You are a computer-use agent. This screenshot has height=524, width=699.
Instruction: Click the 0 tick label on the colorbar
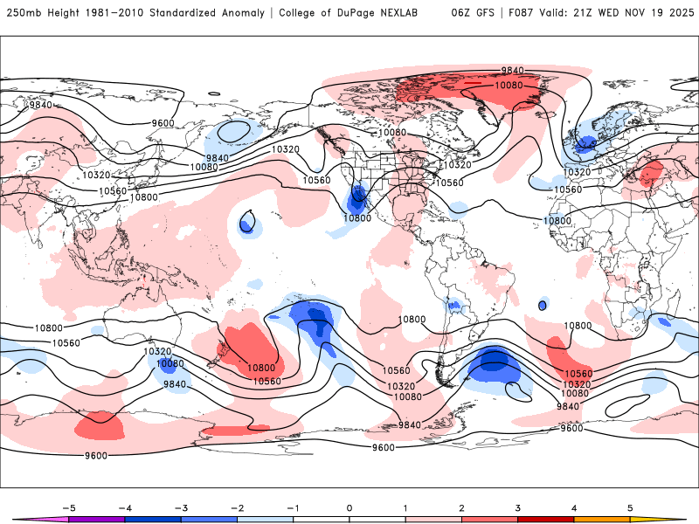click(349, 507)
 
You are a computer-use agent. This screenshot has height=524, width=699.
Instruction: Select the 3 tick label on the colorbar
click(518, 507)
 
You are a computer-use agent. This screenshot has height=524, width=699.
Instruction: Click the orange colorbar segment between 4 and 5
click(602, 518)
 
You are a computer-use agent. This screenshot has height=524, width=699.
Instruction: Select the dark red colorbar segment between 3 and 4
click(546, 518)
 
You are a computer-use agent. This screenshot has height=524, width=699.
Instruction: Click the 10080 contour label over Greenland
click(509, 86)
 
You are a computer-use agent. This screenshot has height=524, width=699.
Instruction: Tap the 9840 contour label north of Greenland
click(512, 70)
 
